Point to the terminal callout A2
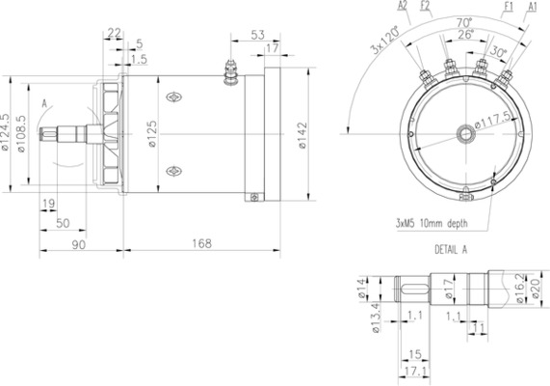click(402, 6)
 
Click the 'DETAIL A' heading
click(451, 248)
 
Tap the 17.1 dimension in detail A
click(415, 370)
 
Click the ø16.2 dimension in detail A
click(519, 287)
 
